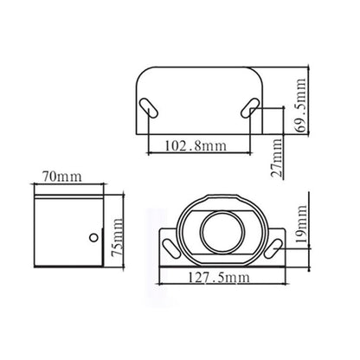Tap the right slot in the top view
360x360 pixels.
[251, 108]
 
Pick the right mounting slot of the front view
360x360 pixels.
[272, 248]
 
